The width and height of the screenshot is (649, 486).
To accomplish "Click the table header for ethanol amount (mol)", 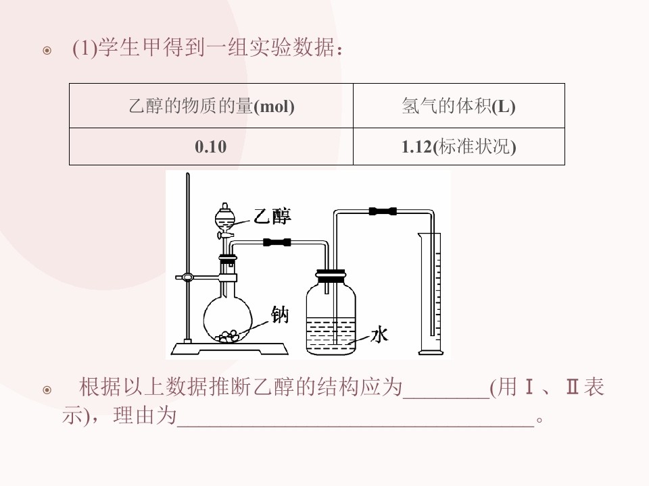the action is coord(211,106).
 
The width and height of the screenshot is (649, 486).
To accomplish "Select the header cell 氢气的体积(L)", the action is coord(458,106).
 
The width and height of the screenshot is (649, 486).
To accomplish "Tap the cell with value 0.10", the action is coord(211,146).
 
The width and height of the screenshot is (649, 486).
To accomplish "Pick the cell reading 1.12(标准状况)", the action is coord(458,146).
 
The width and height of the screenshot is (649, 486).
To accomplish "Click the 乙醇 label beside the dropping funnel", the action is coord(272,216).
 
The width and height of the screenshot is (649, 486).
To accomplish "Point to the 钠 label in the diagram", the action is coord(280,315).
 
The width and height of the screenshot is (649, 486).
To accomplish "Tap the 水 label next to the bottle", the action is coord(379,334).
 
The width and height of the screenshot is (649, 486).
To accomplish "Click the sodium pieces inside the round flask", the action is coord(227,336).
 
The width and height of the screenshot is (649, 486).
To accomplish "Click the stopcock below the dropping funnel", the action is coord(224,235).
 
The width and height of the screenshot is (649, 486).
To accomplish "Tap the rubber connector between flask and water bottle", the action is coord(277,242).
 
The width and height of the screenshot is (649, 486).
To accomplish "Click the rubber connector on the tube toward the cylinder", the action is coord(383,211).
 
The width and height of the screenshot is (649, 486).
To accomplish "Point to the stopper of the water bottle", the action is coord(331,275).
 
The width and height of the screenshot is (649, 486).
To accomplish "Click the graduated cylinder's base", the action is coord(431,352).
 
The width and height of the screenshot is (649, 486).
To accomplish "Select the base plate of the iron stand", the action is coord(230,348).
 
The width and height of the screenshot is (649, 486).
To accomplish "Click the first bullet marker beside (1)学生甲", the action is coord(47,51).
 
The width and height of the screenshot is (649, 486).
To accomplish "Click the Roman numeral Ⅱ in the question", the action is coord(572,387).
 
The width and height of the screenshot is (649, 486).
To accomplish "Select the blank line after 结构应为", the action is coord(446,398).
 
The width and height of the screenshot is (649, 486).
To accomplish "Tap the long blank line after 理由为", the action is coord(356,426).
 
